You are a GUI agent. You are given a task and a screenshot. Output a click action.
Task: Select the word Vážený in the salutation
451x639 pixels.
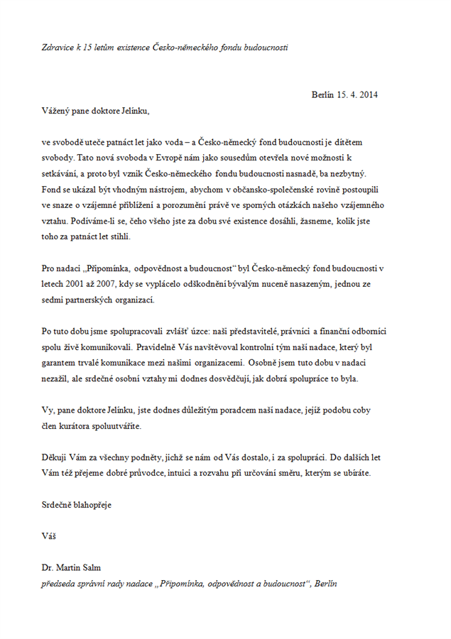[x=55, y=111]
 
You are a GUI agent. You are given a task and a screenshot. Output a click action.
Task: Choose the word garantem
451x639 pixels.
[x=60, y=363]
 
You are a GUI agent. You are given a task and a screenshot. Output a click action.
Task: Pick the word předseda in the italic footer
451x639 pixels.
[x=60, y=584]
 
